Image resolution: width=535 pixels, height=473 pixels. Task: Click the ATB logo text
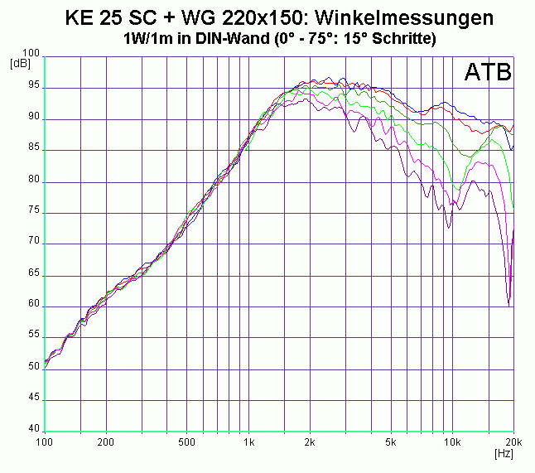click(x=488, y=73)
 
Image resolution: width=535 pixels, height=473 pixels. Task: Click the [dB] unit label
click(x=20, y=63)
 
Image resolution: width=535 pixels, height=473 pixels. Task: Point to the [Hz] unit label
click(x=503, y=455)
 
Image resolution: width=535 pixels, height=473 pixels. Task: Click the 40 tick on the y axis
click(x=34, y=429)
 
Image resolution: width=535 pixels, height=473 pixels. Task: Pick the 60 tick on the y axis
click(x=34, y=305)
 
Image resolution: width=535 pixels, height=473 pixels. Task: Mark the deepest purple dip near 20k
click(x=508, y=305)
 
